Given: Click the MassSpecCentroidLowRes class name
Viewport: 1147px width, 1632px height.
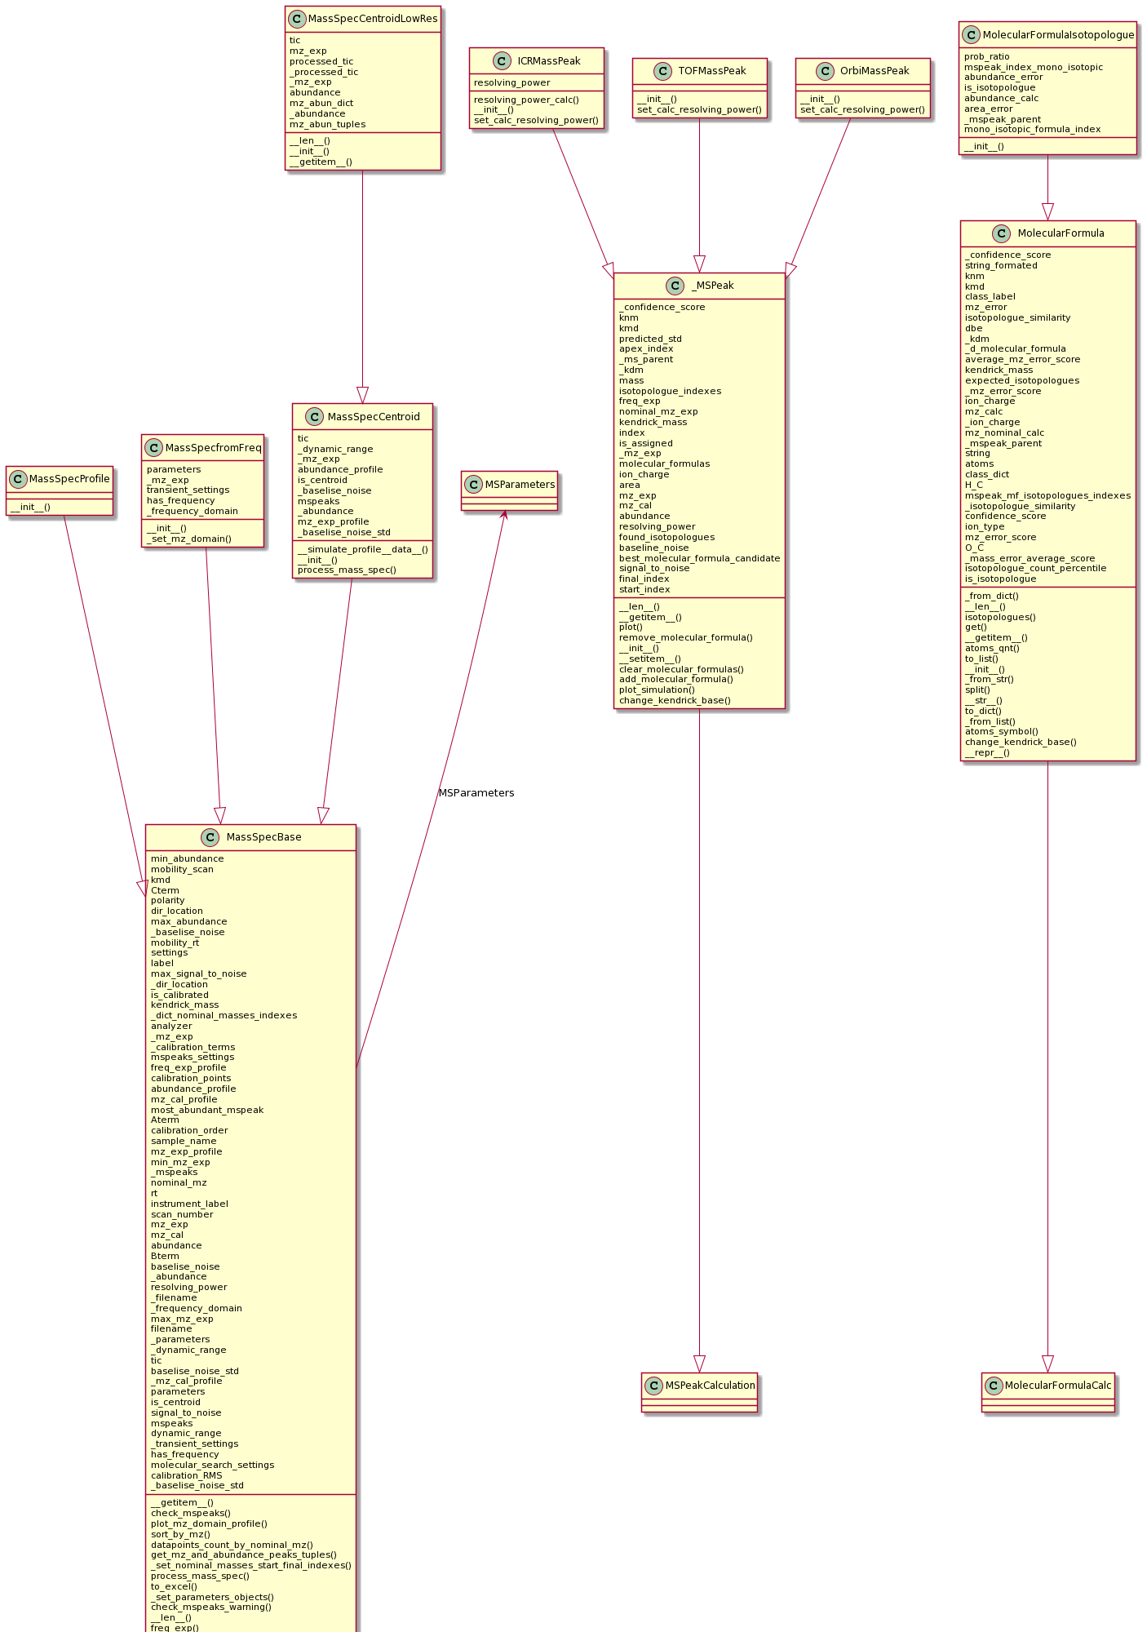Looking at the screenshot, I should click(372, 19).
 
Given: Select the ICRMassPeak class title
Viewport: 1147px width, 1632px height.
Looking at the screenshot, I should click(548, 61).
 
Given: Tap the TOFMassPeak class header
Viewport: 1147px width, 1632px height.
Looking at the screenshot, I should click(711, 71).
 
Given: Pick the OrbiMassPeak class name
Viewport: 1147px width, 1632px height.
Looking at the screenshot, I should click(875, 71).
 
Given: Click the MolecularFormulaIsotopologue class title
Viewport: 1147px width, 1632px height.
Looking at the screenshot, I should click(1058, 35).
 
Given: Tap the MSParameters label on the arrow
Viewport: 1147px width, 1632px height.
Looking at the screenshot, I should click(476, 793).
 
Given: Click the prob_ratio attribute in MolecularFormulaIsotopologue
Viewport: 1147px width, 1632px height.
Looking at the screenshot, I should click(986, 57).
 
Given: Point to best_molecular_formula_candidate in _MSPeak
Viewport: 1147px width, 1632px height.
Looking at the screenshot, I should click(699, 558).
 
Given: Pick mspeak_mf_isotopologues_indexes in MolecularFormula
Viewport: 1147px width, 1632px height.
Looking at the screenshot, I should click(1047, 495).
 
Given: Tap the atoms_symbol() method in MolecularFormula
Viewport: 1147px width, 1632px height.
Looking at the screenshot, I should click(1001, 731).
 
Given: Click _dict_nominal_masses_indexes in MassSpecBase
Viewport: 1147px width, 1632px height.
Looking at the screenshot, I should click(224, 1016).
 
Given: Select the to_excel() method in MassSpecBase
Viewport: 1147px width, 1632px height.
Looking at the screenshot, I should click(174, 1586).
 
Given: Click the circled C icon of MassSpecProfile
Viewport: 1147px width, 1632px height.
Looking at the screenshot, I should click(18, 479).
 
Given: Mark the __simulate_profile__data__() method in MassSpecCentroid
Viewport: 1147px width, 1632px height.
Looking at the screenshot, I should click(362, 549).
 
